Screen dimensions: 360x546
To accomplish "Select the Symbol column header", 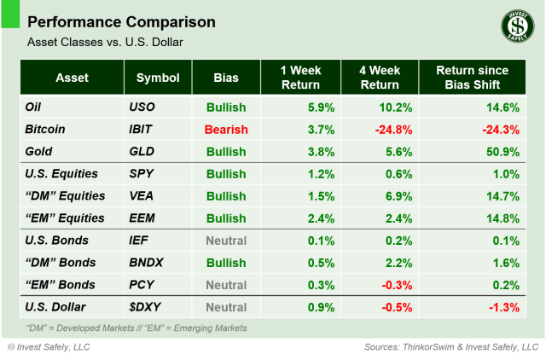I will (x=158, y=78).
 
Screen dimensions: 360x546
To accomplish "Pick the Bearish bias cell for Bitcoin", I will (x=225, y=130).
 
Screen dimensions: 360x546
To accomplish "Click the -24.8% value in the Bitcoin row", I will (x=390, y=130).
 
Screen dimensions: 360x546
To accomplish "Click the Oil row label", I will (x=35, y=107).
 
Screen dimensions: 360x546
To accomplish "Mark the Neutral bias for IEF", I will (x=225, y=241).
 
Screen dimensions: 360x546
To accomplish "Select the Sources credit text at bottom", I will (x=446, y=347).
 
